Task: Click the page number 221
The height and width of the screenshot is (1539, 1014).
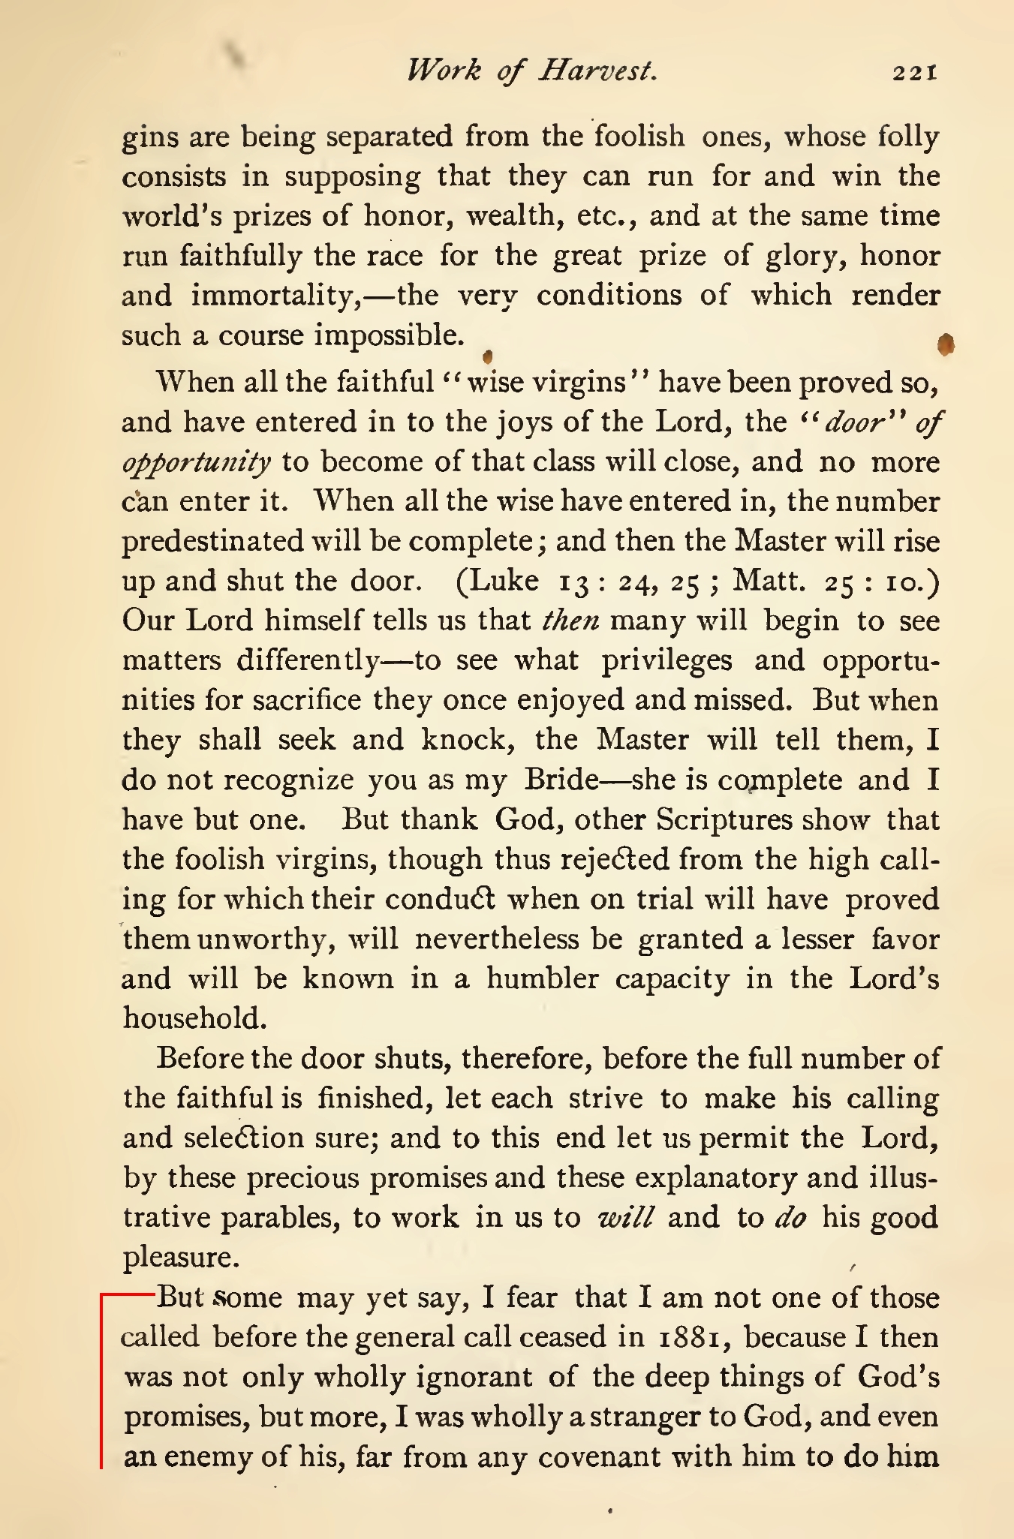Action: click(914, 73)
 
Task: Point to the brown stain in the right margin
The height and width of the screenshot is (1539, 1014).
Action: click(946, 344)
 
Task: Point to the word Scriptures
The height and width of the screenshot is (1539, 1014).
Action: click(724, 819)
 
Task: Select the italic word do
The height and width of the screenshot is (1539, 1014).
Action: click(790, 1217)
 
